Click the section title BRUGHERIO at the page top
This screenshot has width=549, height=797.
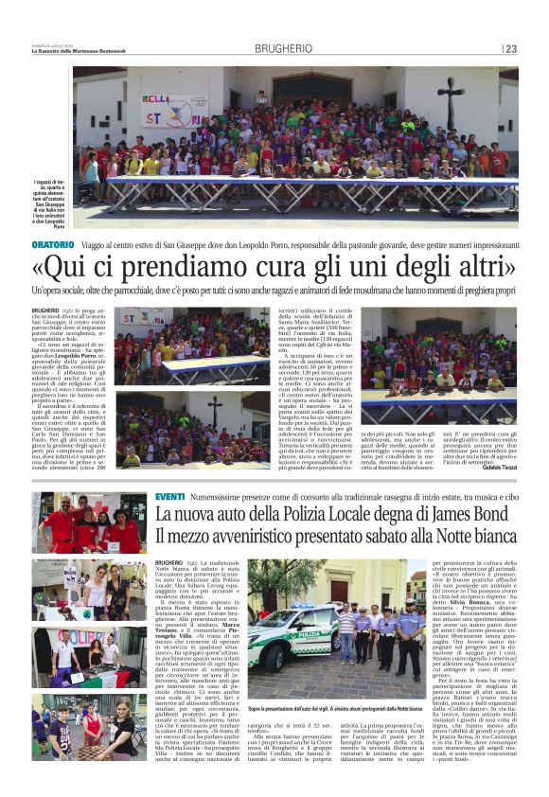click(274, 48)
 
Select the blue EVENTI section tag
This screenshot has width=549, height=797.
click(170, 497)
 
